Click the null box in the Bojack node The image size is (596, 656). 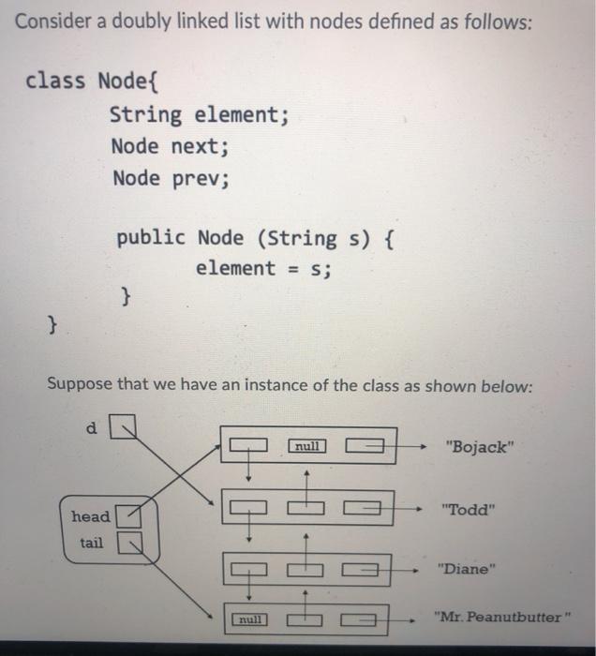point(308,446)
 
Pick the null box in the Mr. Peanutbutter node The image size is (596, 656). point(248,619)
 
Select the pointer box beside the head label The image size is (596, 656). point(132,515)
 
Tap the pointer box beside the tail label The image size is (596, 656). point(132,543)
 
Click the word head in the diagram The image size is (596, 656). point(90,516)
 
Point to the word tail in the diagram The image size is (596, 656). point(91,543)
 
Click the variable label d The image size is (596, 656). point(91,428)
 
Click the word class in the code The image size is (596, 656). point(56,81)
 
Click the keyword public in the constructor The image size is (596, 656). point(151,237)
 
